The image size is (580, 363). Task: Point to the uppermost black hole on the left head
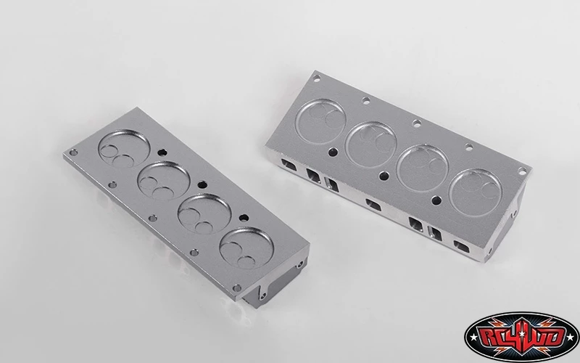click(x=161, y=152)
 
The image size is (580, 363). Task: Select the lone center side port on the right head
click(x=371, y=204)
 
